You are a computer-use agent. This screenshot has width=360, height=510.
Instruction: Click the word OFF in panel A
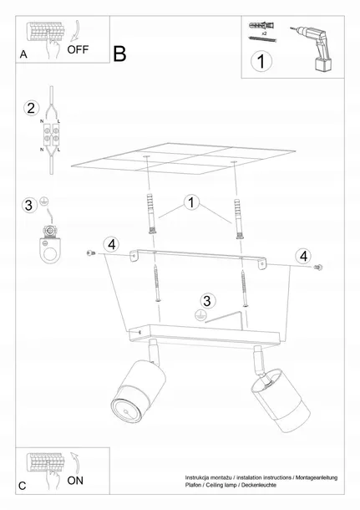[x=78, y=49]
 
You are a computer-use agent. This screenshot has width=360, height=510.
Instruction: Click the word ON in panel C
[x=75, y=481]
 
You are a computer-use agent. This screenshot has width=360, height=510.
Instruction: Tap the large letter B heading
[x=119, y=54]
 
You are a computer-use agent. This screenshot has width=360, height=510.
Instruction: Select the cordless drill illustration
[x=312, y=48]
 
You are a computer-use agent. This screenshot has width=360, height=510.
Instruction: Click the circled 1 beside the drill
[x=261, y=61]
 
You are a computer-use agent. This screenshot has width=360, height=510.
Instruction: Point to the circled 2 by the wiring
[x=31, y=108]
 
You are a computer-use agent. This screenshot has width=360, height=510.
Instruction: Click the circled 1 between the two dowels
[x=191, y=202]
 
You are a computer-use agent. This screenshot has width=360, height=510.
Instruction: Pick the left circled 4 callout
[x=111, y=244]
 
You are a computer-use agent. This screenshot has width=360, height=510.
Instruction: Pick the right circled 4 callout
[x=303, y=256]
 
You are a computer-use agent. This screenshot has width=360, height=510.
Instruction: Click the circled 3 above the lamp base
[x=207, y=301]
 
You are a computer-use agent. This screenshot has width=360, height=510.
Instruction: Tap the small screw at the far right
[x=317, y=268]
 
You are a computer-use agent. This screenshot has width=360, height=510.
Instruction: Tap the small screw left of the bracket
[x=91, y=252]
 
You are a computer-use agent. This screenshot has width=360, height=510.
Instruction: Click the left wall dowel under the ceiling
[x=151, y=214]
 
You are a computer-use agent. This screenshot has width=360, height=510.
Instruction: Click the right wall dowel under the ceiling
[x=239, y=219]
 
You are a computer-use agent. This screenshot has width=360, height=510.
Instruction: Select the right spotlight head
[x=281, y=400]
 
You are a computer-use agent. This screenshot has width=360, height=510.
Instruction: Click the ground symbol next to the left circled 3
[x=44, y=201]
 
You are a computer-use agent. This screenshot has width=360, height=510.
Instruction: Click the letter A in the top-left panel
[x=23, y=54]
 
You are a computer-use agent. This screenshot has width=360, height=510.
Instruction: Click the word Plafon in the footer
[x=193, y=485]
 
